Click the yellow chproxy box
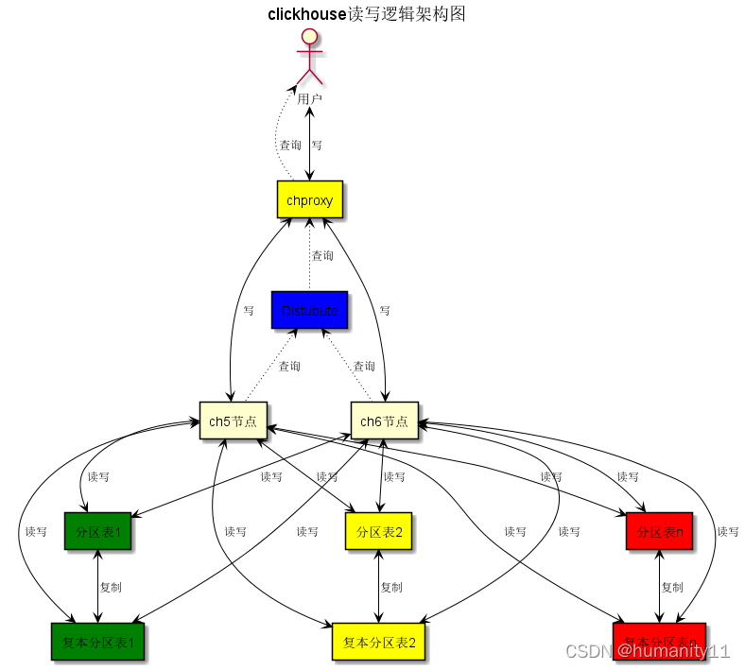coord(309,199)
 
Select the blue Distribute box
coord(309,310)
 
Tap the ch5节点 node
coord(233,421)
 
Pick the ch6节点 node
coord(384,421)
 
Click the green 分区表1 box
coord(97,532)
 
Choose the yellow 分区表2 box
coord(379,532)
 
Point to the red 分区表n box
coord(660,532)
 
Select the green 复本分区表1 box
coord(97,642)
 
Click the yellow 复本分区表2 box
coord(379,642)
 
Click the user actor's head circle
coord(309,37)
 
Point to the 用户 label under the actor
coord(309,98)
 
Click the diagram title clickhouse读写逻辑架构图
coord(367,14)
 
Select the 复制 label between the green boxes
coord(111,587)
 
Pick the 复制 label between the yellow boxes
coord(391,587)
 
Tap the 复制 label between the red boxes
coord(672,587)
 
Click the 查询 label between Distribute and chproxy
coord(322,255)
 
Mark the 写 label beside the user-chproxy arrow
coord(317,146)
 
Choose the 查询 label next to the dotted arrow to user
coord(290,146)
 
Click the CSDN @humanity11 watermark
coord(647,651)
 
